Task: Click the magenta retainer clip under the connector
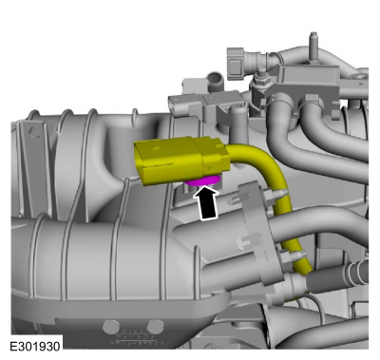pyautogui.click(x=202, y=181)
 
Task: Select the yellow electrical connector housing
pyautogui.click(x=181, y=161)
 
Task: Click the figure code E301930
pyautogui.click(x=35, y=346)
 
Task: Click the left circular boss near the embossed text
pyautogui.click(x=111, y=326)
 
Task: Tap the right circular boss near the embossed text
pyautogui.click(x=156, y=326)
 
